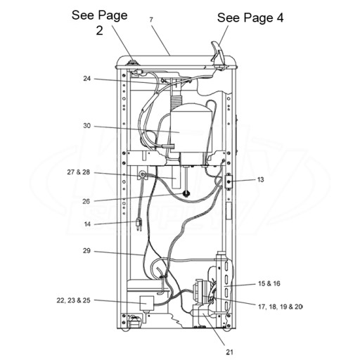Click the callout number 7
click(x=151, y=20)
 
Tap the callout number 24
click(x=87, y=79)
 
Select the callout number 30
click(x=87, y=126)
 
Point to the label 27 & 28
click(x=79, y=172)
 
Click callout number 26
click(x=86, y=201)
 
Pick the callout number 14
click(x=87, y=224)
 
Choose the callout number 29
click(x=86, y=251)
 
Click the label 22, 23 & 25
click(x=73, y=300)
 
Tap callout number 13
click(x=261, y=180)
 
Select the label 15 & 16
click(x=269, y=283)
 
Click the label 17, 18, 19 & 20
click(x=281, y=307)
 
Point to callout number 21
click(x=229, y=352)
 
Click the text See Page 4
click(x=250, y=18)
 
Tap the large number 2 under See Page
click(x=99, y=30)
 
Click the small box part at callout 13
click(x=228, y=181)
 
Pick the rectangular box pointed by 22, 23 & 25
click(x=147, y=304)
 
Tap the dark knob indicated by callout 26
click(x=186, y=194)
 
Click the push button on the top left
click(x=133, y=63)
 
